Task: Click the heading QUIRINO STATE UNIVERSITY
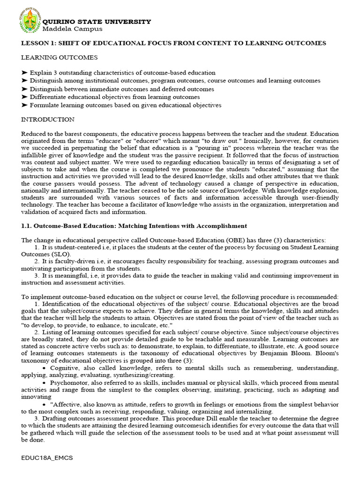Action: tap(97, 22)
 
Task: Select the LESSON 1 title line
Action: tap(173, 43)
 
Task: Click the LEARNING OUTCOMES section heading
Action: tap(60, 58)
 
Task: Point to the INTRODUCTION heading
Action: tap(48, 120)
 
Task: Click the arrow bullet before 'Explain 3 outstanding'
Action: tap(25, 73)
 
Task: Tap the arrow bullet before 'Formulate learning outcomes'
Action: tap(25, 105)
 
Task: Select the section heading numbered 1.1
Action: tap(134, 225)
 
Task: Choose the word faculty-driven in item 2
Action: tap(69, 261)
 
